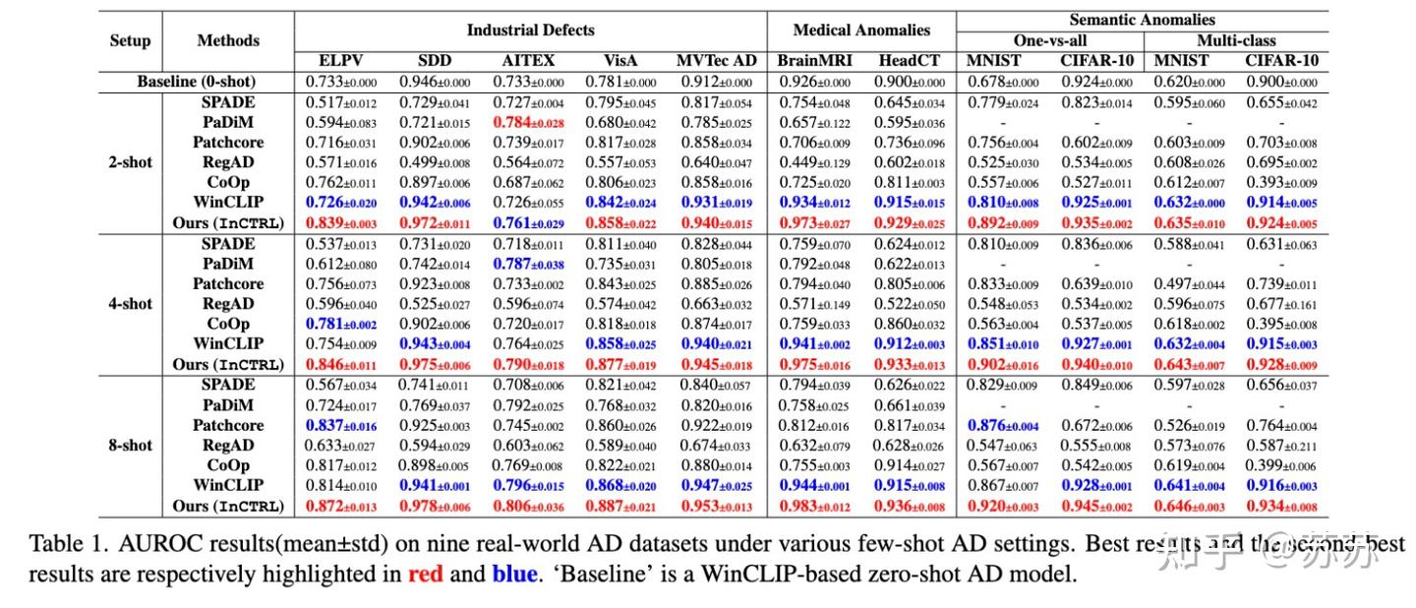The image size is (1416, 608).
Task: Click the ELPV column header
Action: click(341, 61)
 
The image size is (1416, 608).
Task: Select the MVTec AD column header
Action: click(717, 61)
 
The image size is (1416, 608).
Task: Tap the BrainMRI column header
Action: click(814, 61)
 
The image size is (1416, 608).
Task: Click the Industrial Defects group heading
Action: click(530, 30)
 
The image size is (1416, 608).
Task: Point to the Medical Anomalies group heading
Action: click(860, 30)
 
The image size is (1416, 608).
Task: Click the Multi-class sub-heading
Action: click(1236, 40)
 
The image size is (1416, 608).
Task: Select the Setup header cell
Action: click(130, 40)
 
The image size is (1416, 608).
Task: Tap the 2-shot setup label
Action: click(130, 162)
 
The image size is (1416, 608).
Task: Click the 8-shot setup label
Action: click(130, 446)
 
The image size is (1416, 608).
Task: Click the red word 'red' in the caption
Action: click(427, 574)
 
